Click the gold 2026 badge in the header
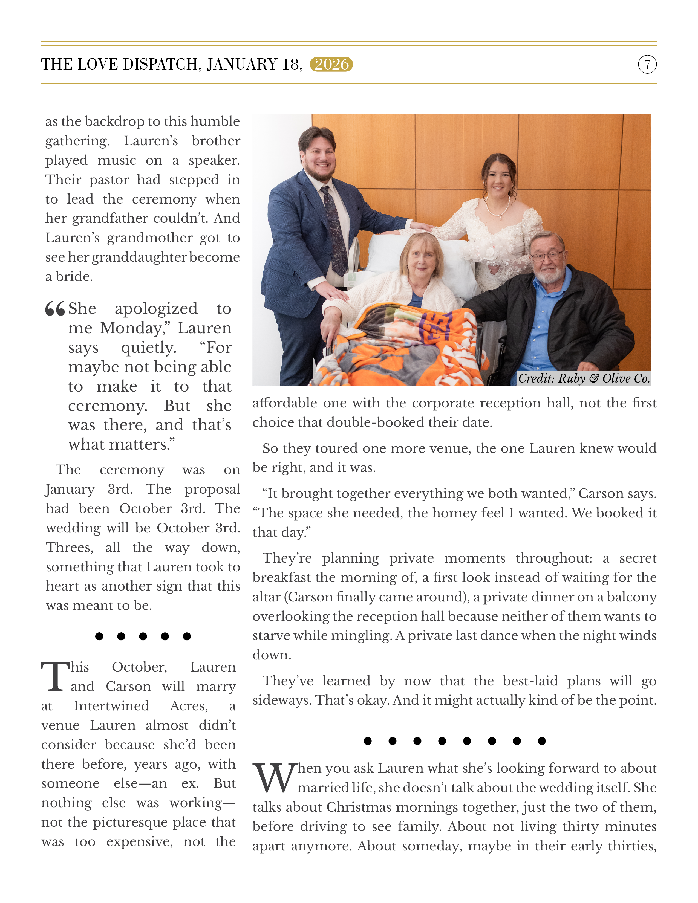[331, 64]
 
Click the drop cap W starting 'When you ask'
[274, 777]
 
